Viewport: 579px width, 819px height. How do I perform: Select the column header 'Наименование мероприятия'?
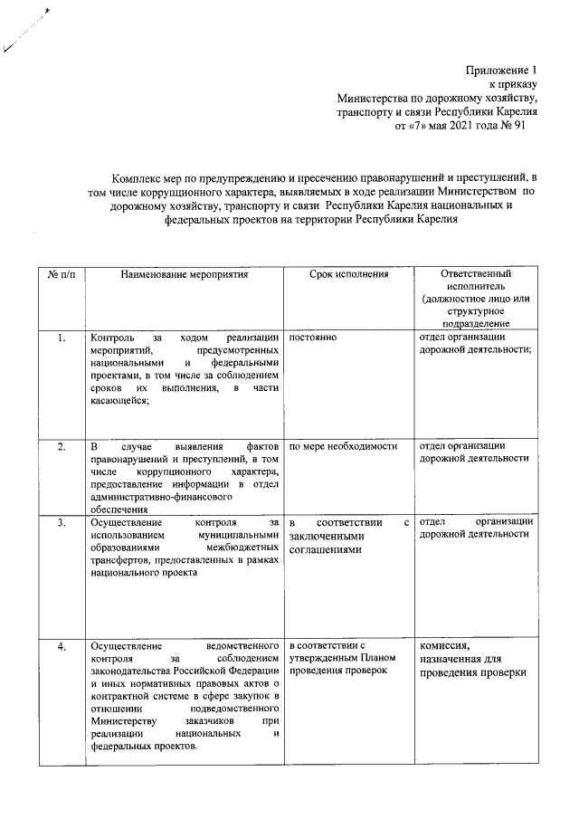(184, 273)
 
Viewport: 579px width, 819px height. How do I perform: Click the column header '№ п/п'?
(60, 273)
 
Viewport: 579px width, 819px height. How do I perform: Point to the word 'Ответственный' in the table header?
(474, 273)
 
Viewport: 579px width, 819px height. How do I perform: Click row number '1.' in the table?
(60, 338)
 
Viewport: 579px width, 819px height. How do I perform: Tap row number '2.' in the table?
(60, 446)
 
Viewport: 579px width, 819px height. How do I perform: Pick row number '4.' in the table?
(60, 646)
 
